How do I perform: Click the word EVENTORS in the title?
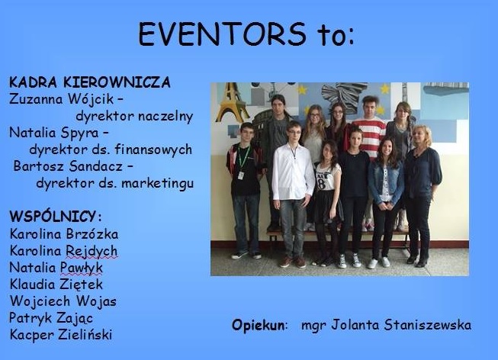click(223, 34)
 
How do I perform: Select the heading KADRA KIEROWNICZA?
click(90, 82)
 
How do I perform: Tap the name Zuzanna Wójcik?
click(61, 99)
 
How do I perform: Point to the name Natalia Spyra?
click(54, 133)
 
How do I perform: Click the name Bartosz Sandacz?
click(68, 166)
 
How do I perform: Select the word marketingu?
click(158, 183)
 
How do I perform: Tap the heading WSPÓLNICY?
click(53, 217)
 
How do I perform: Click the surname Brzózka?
click(92, 234)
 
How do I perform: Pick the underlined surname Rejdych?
click(92, 252)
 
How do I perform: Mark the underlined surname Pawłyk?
click(82, 268)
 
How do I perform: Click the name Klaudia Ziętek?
click(56, 284)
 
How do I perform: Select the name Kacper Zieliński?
click(61, 335)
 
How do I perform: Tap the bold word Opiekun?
click(259, 326)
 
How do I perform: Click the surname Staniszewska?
click(428, 325)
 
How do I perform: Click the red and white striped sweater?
click(370, 135)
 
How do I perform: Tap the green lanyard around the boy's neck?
click(243, 156)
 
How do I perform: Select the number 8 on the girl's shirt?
click(322, 183)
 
